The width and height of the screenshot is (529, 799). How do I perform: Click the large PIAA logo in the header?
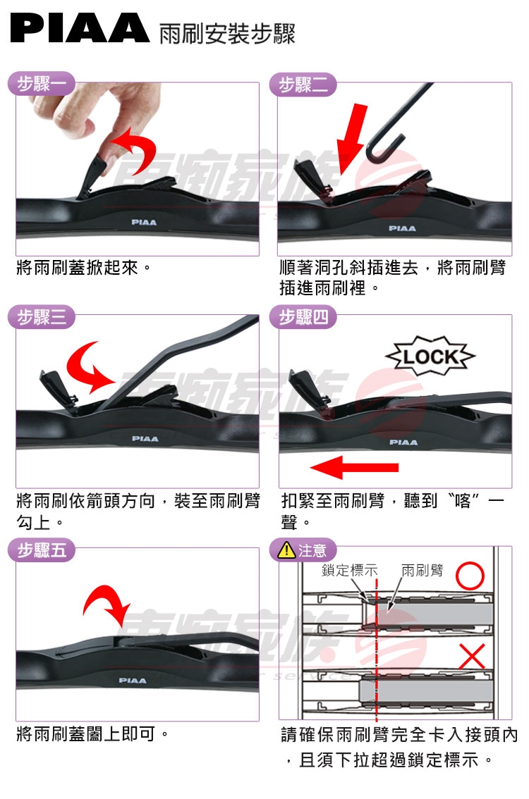(x=80, y=28)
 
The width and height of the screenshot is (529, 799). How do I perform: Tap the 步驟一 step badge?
(x=42, y=84)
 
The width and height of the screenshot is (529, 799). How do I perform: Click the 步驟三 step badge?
(x=42, y=317)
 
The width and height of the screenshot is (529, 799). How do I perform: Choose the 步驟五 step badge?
(x=42, y=550)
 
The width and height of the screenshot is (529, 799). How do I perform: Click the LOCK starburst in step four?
(x=430, y=357)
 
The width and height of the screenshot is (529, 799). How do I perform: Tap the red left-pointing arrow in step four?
(x=354, y=467)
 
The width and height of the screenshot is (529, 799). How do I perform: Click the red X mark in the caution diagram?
(x=472, y=656)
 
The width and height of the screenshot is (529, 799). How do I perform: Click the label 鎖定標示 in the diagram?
(x=349, y=570)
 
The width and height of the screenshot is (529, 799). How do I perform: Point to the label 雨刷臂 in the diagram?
(x=422, y=570)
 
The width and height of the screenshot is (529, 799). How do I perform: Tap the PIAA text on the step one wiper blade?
(x=144, y=222)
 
